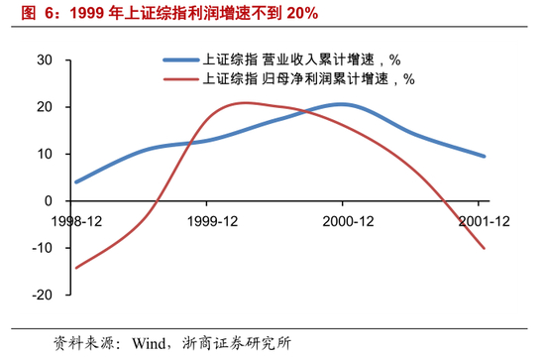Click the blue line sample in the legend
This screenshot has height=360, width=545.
coord(181,60)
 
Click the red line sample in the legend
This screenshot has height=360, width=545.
coord(181,78)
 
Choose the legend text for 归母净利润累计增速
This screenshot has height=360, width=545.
coord(317,78)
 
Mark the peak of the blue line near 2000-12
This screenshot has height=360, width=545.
coord(340,104)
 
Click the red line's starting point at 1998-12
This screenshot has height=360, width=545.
coord(76,268)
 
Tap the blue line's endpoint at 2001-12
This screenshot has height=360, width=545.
coord(484,156)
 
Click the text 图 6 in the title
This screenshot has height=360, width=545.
coord(26,13)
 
